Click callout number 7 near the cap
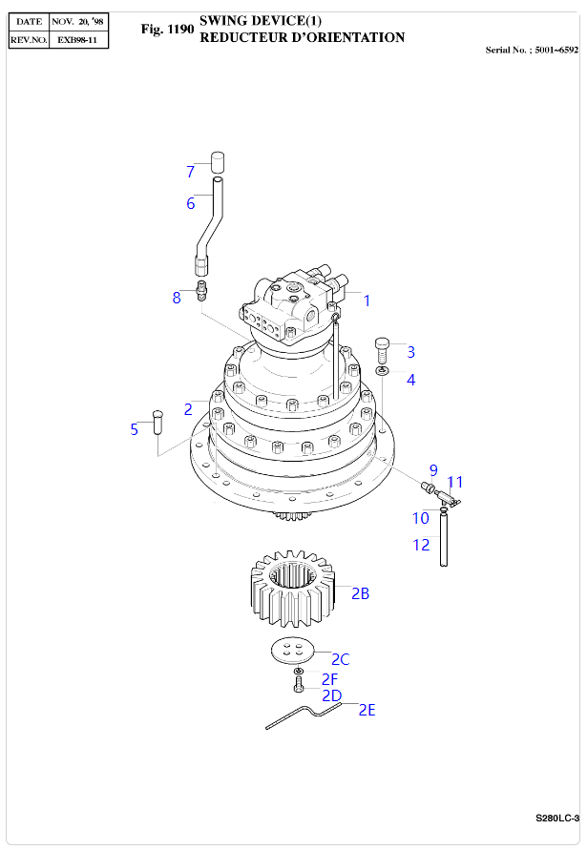(x=190, y=172)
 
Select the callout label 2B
(x=360, y=593)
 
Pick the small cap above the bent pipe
(x=218, y=160)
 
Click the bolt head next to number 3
(x=383, y=345)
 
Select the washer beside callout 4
(x=382, y=369)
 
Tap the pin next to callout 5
(x=158, y=421)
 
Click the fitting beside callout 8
(x=201, y=289)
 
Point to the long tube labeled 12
(x=445, y=541)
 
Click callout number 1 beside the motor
(x=366, y=300)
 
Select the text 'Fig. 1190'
(x=166, y=31)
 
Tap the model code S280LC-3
(x=557, y=819)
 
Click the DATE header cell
(x=29, y=20)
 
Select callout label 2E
(x=367, y=710)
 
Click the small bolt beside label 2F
(x=298, y=681)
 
